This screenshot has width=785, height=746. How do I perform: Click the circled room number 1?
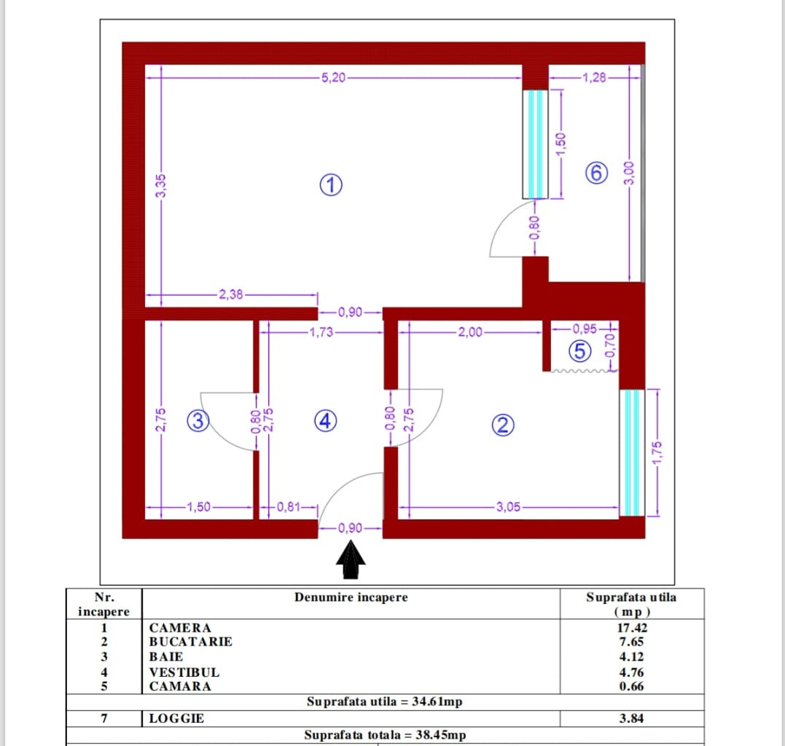click(x=331, y=184)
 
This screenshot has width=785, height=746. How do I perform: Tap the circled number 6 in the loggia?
click(x=596, y=173)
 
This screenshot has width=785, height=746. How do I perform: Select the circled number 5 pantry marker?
click(x=579, y=350)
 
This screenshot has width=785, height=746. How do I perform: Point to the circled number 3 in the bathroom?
click(x=198, y=421)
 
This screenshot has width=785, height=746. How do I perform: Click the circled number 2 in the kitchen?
click(x=503, y=425)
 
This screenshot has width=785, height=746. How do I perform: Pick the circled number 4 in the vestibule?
click(x=325, y=421)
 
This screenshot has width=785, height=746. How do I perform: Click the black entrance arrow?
click(x=351, y=560)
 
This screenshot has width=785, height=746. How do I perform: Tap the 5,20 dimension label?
click(x=333, y=78)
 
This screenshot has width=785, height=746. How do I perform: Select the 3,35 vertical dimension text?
click(x=160, y=186)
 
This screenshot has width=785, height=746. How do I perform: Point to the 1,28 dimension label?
click(x=594, y=77)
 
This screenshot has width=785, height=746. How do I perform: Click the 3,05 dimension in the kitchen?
click(x=508, y=507)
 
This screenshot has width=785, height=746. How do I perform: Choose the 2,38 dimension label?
click(x=231, y=294)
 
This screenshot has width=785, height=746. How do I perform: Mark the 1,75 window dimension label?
click(x=657, y=452)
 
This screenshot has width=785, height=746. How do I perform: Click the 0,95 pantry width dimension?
click(x=585, y=329)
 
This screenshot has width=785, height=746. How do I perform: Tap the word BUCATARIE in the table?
click(x=191, y=641)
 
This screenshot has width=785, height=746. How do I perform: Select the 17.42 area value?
click(x=632, y=627)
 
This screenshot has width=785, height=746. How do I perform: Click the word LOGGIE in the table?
click(x=176, y=718)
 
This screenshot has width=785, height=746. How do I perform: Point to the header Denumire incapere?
click(x=351, y=597)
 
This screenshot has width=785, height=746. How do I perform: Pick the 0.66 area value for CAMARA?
click(x=631, y=686)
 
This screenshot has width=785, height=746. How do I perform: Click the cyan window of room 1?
click(x=536, y=144)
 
